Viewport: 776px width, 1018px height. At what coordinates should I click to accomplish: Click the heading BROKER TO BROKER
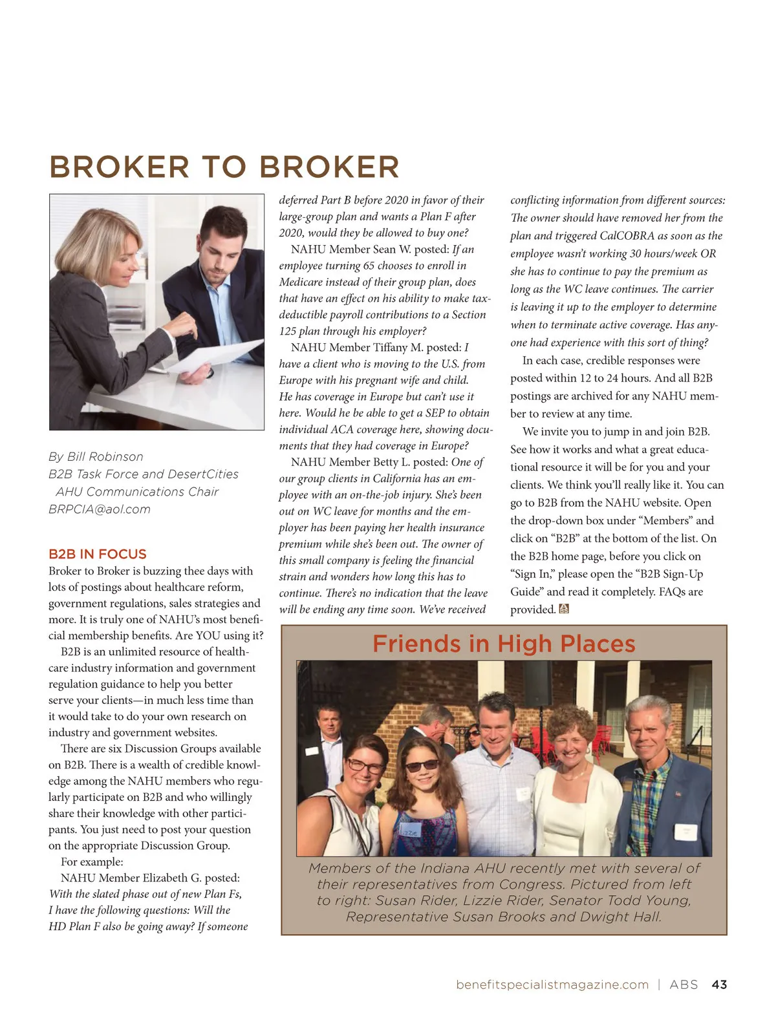(224, 167)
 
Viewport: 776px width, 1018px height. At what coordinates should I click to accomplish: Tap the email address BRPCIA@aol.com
(99, 509)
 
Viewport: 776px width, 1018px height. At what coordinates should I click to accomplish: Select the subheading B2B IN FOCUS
(97, 554)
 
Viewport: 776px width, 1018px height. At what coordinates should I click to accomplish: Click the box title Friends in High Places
(504, 644)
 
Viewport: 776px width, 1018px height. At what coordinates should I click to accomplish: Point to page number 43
(719, 984)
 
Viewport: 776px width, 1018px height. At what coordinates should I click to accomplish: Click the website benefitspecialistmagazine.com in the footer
(552, 984)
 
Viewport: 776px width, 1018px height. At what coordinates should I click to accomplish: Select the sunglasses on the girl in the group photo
(421, 766)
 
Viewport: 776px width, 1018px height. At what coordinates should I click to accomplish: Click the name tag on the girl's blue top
(410, 832)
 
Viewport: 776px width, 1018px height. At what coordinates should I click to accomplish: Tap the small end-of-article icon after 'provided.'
(564, 609)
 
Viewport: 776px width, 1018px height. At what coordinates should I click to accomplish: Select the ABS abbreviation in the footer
(684, 984)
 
